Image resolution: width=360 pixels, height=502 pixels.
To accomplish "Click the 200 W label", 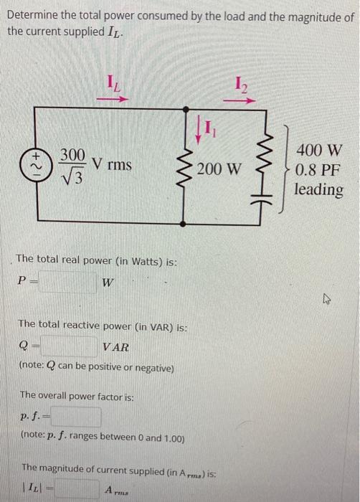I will point(220,169).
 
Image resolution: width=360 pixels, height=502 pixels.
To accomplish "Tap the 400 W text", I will point(320,151).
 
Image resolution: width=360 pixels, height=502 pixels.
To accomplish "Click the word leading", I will point(319,190).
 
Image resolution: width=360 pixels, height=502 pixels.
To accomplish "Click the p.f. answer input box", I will point(74,417).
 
